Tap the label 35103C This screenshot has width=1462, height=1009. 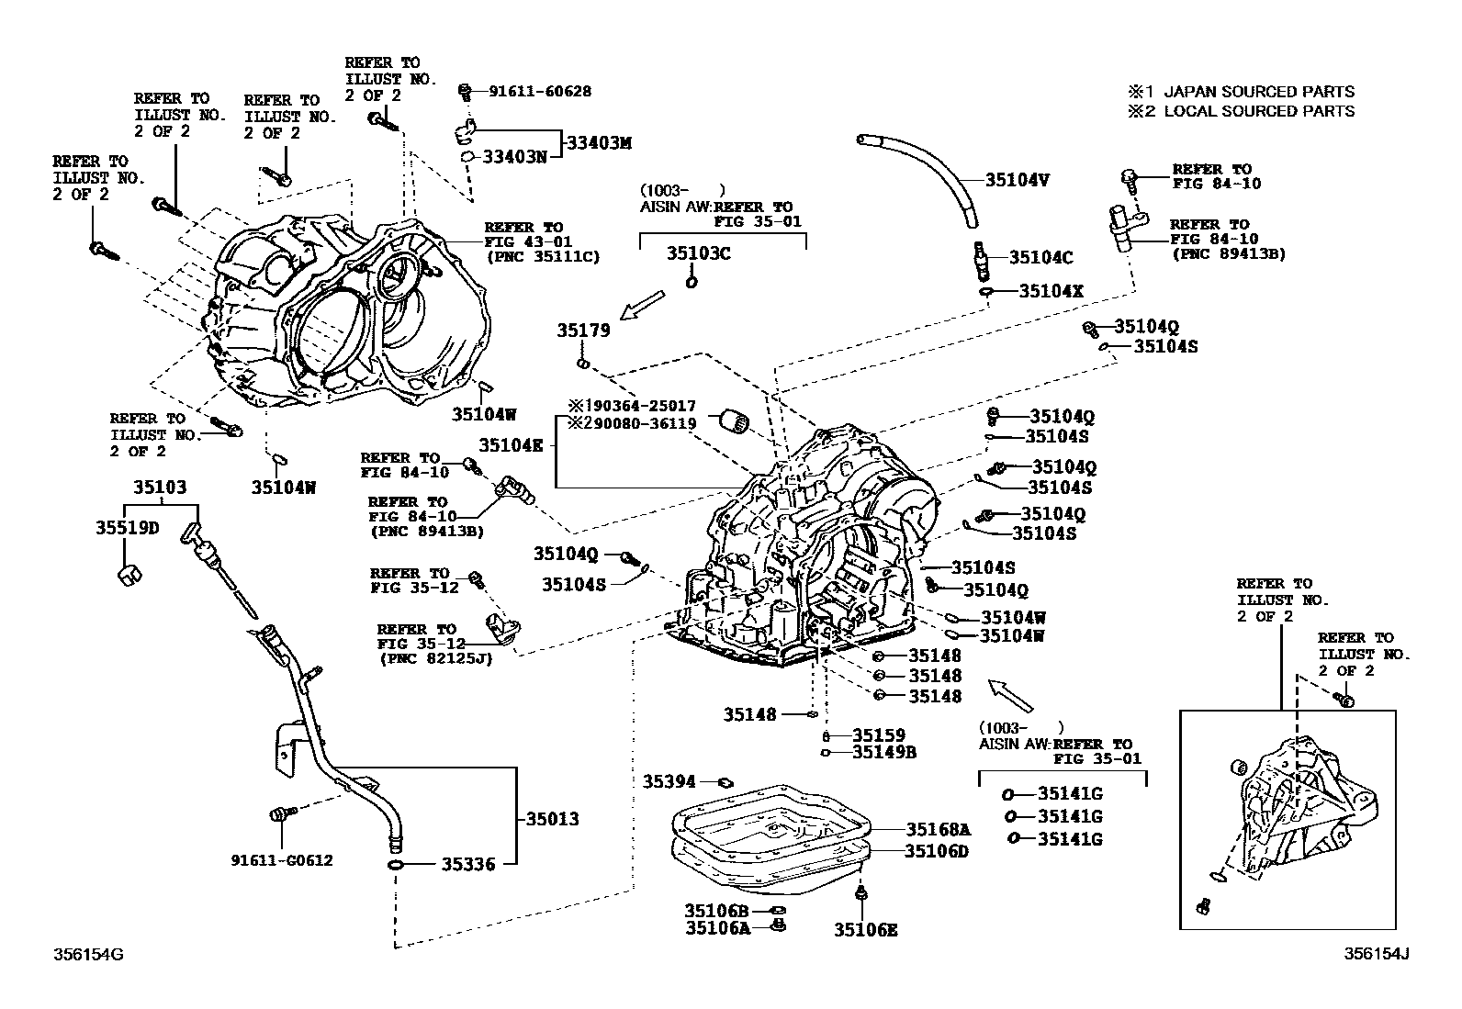tap(698, 254)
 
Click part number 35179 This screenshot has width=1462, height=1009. tap(582, 331)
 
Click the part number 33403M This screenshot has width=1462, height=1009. tap(599, 143)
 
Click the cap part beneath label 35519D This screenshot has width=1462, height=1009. tap(129, 576)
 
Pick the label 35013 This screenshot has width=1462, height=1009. tap(552, 819)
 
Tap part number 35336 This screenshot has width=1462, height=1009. tap(467, 865)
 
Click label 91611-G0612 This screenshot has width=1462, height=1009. tap(281, 860)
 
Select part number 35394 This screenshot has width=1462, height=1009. tap(669, 781)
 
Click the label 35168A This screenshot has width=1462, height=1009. tap(938, 829)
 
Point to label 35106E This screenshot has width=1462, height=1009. tap(865, 930)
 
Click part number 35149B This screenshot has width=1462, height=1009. tap(884, 753)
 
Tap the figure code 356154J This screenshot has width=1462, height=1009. tap(1377, 954)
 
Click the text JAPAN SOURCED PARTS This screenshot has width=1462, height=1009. tap(1258, 92)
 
